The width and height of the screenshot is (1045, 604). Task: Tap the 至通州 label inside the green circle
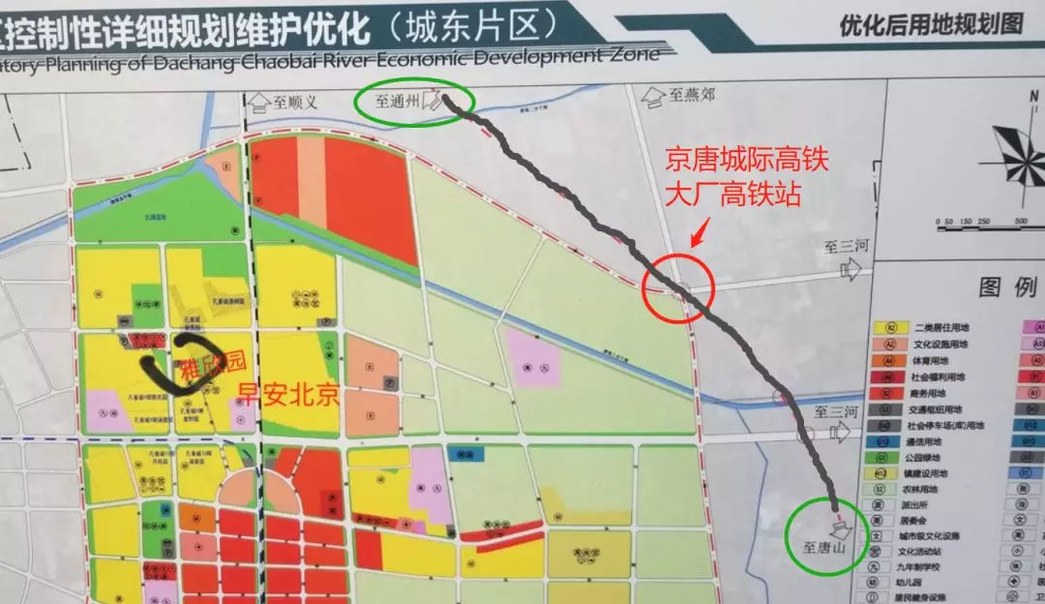click(x=400, y=101)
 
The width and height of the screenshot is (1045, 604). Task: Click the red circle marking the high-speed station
click(x=678, y=287)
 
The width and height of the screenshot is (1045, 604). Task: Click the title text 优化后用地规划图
click(x=931, y=24)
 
